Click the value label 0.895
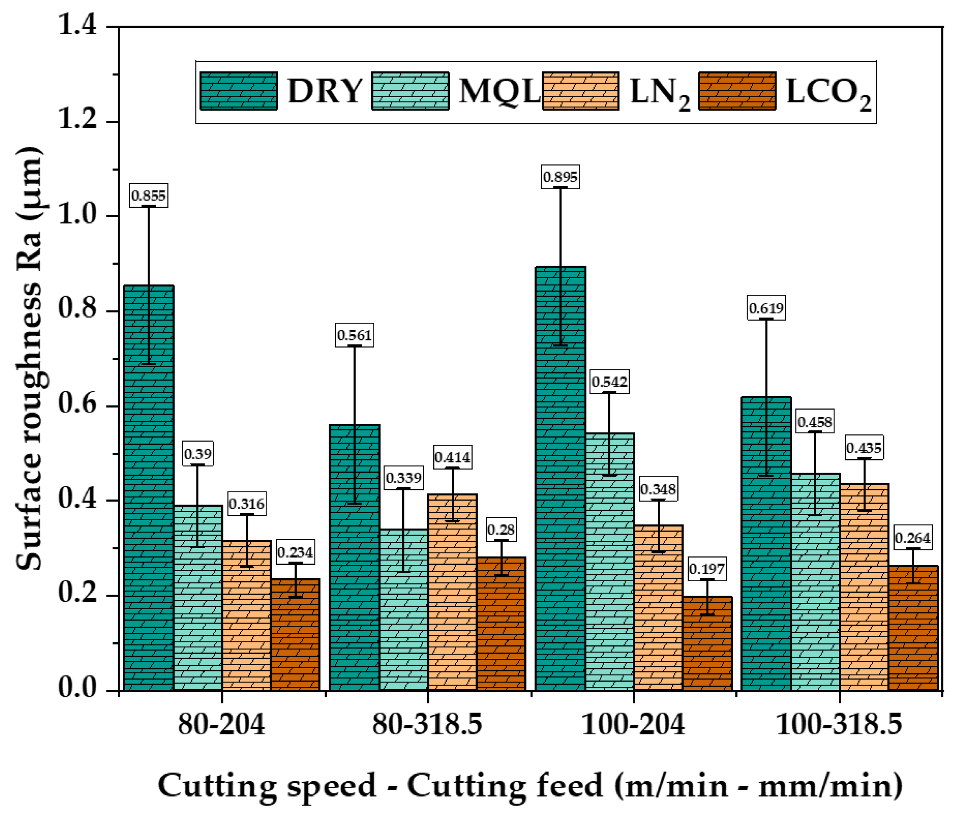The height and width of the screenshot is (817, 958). click(x=560, y=177)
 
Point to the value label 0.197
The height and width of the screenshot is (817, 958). click(x=707, y=569)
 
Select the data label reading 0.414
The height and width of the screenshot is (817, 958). click(x=452, y=457)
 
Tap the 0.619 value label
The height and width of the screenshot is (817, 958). click(x=766, y=308)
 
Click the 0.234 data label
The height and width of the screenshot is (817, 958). click(x=295, y=552)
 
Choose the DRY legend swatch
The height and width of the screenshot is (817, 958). click(x=239, y=91)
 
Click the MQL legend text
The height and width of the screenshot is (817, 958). click(x=499, y=92)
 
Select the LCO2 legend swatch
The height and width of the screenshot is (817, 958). click(x=737, y=91)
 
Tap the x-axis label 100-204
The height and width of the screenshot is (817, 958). click(x=632, y=725)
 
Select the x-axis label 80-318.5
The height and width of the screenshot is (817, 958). click(x=427, y=725)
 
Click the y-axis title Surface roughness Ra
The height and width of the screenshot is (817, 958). click(x=29, y=359)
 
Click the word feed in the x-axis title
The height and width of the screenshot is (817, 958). click(x=570, y=786)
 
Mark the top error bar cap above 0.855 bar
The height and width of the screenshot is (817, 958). click(x=149, y=206)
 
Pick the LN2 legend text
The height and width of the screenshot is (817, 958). click(x=659, y=92)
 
